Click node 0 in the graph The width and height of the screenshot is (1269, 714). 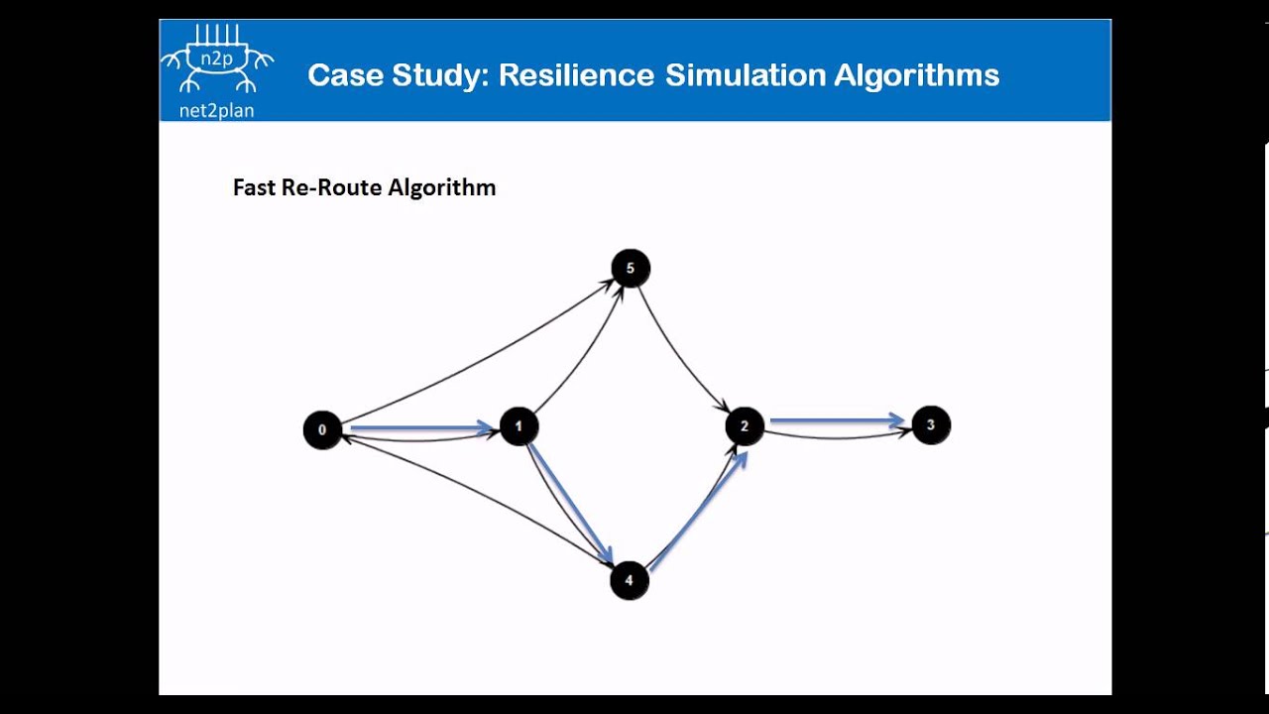[322, 430]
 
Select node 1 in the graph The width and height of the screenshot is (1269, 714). [519, 426]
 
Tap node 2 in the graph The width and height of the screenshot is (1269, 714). [745, 426]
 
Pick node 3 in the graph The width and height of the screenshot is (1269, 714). [930, 424]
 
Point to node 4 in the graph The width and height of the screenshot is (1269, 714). [629, 580]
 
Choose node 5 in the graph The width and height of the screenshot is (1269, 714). [631, 268]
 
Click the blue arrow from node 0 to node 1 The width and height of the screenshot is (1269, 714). [420, 428]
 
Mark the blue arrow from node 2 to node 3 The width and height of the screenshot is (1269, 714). [838, 421]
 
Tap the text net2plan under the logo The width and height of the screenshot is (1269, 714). [216, 110]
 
